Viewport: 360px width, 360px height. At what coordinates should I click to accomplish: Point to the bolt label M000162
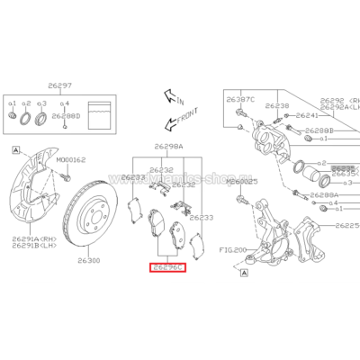tap(71, 159)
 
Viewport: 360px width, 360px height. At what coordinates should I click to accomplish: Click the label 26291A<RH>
tap(27, 238)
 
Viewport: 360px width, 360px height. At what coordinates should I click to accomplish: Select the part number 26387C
tap(241, 97)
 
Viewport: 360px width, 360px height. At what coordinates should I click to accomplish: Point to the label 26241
tap(309, 115)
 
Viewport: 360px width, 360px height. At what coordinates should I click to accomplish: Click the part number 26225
tap(346, 227)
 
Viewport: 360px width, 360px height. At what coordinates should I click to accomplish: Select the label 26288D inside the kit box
tap(67, 115)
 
